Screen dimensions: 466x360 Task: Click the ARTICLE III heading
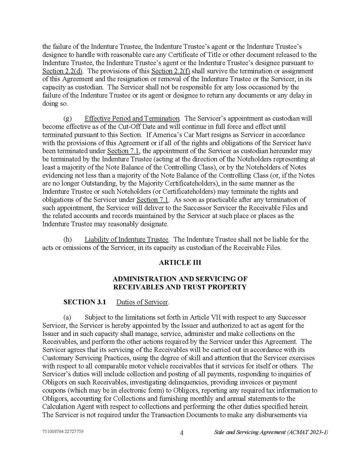tap(180, 263)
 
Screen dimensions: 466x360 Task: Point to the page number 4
tap(182, 433)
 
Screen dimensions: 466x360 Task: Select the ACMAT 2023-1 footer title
tap(271, 432)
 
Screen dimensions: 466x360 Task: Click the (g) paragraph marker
tap(67, 118)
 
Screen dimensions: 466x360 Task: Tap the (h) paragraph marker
tap(67, 239)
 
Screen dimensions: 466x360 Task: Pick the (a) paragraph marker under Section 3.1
tap(67, 317)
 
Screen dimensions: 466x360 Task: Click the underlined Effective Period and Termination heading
tap(132, 118)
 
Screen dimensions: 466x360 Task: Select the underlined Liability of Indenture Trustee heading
tap(126, 239)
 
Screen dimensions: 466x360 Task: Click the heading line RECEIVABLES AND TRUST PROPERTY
tap(180, 287)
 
